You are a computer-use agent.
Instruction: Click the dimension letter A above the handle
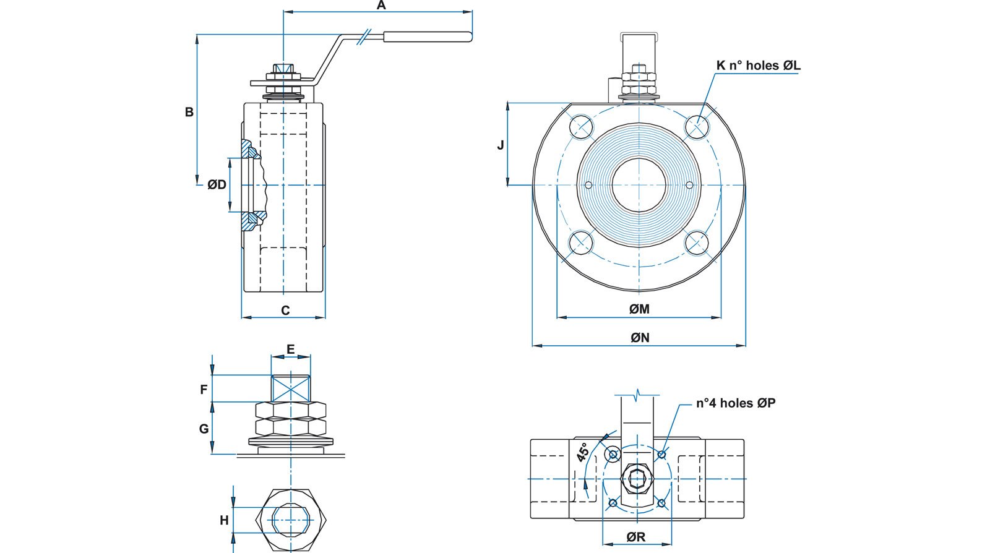tap(381, 6)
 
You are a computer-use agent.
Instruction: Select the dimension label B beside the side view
tap(189, 112)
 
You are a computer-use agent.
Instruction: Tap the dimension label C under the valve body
tap(285, 311)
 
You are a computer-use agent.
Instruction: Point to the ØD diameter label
tap(217, 185)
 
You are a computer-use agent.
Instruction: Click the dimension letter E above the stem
tap(290, 349)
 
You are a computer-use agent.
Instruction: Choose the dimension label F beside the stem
tap(204, 390)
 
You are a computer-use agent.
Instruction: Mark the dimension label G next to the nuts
tap(204, 429)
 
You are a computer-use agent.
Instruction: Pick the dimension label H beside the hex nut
tap(224, 521)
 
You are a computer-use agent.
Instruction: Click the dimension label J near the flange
tap(501, 145)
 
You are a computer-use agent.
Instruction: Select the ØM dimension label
tap(639, 309)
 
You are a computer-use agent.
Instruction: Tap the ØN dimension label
tap(640, 338)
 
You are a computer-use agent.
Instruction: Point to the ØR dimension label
tap(635, 537)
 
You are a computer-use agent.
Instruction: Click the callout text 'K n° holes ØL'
tap(758, 66)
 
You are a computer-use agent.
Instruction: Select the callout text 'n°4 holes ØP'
tap(735, 403)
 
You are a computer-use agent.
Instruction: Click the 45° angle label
tap(582, 452)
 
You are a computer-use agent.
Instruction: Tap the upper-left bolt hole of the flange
tap(581, 127)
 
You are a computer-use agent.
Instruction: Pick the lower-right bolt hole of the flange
tap(697, 242)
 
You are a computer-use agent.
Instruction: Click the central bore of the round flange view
tap(639, 185)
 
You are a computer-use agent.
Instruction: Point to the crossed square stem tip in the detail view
tap(291, 388)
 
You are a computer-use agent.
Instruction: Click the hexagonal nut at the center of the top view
tap(637, 478)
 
